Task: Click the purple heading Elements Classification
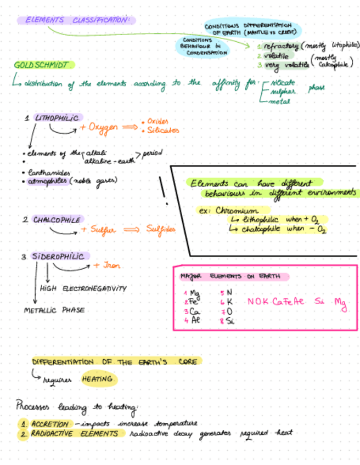pyautogui.click(x=75, y=20)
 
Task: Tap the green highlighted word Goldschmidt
pyautogui.click(x=42, y=65)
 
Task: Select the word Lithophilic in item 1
pyautogui.click(x=57, y=118)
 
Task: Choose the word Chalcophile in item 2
pyautogui.click(x=57, y=220)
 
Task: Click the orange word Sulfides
pyautogui.click(x=160, y=230)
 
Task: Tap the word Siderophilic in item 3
pyautogui.click(x=58, y=257)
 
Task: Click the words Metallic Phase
pyautogui.click(x=54, y=310)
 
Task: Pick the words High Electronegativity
pyautogui.click(x=83, y=288)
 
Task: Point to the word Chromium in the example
pyautogui.click(x=236, y=211)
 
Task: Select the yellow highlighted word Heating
pyautogui.click(x=98, y=379)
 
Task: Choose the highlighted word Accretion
pyautogui.click(x=49, y=424)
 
